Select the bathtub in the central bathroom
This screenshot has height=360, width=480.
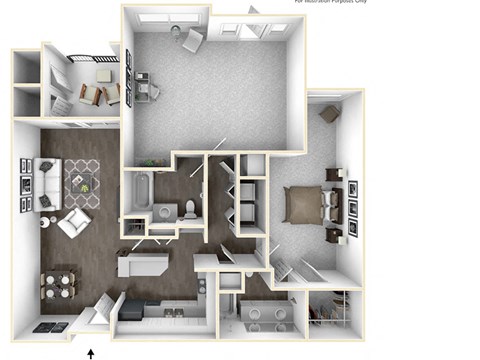139,190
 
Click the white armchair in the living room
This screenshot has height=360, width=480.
72,221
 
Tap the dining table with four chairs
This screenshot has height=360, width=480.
60,284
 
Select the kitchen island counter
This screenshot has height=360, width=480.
139,264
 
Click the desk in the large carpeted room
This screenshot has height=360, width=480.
146,88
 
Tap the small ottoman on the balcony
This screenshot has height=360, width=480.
101,72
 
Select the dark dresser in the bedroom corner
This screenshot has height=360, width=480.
328,114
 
